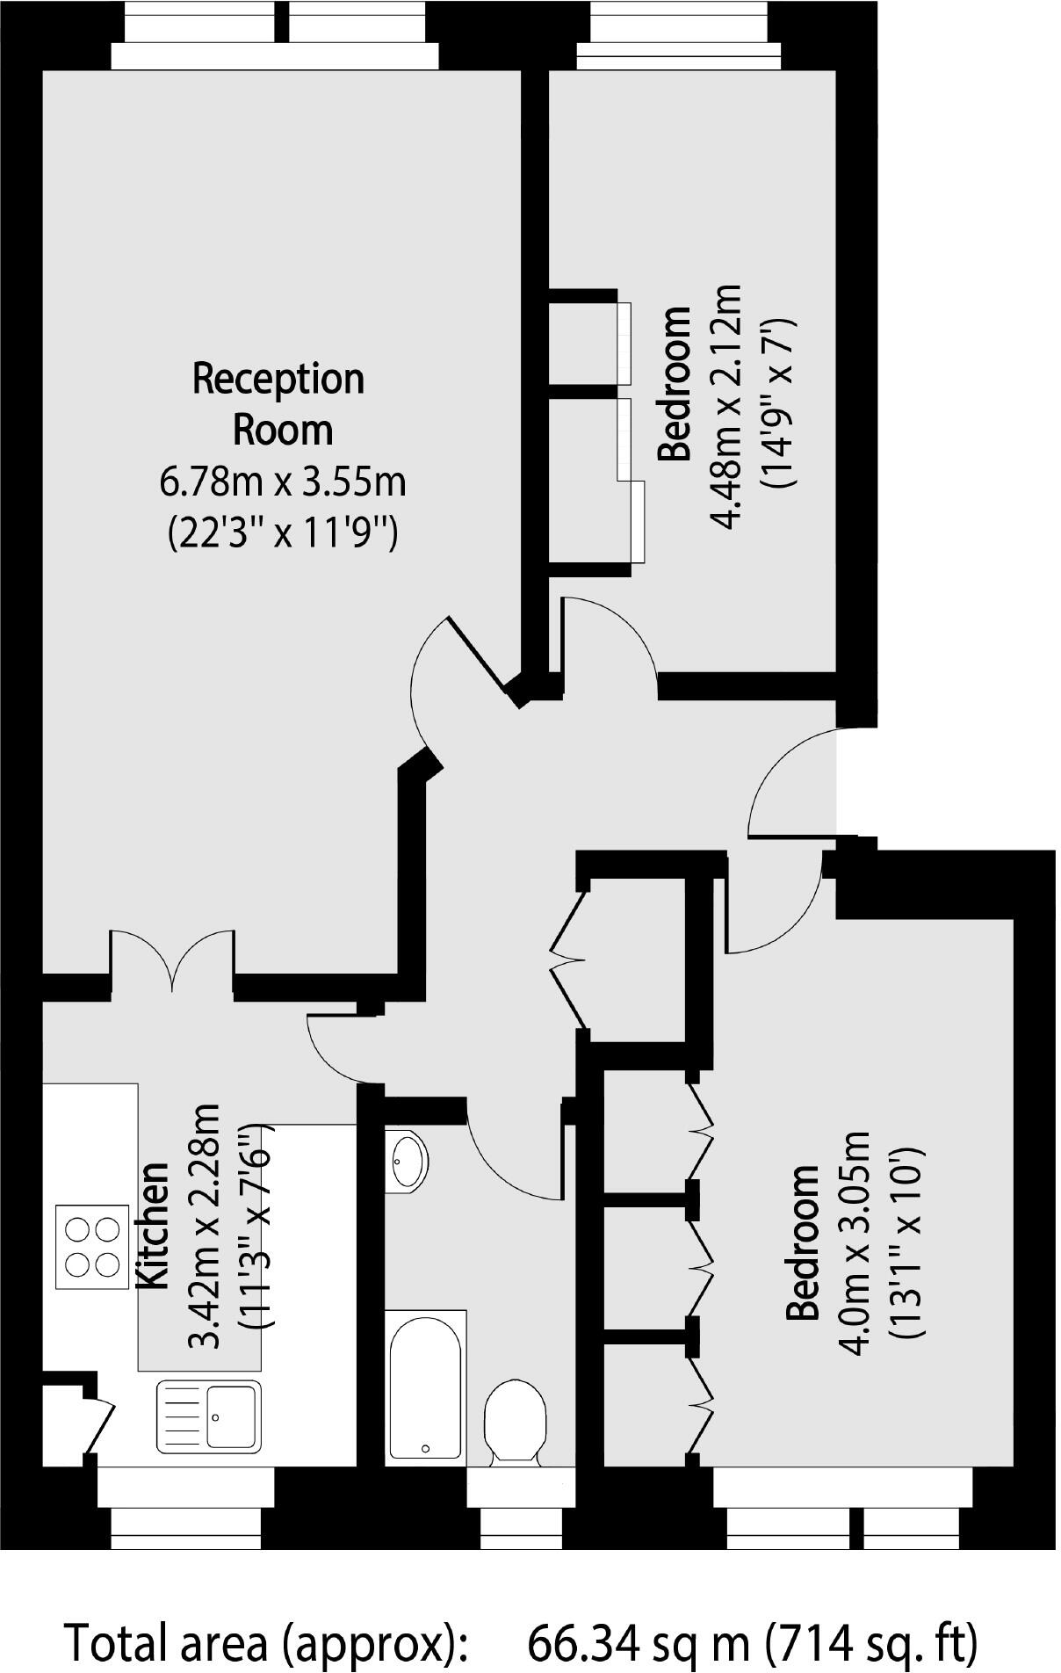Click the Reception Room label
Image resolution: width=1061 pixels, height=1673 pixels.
click(x=278, y=404)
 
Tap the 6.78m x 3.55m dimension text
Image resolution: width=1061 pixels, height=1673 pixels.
click(x=282, y=482)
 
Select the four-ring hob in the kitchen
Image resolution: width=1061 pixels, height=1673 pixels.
click(x=91, y=1246)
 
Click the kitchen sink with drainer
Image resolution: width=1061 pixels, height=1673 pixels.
click(x=209, y=1416)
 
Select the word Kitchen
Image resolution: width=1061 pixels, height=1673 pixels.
click(x=154, y=1225)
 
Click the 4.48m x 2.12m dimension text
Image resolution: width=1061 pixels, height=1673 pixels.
click(x=726, y=407)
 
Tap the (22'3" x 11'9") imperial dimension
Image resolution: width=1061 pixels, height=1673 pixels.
click(x=282, y=532)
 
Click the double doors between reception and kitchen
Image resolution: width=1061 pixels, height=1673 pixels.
click(x=172, y=962)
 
